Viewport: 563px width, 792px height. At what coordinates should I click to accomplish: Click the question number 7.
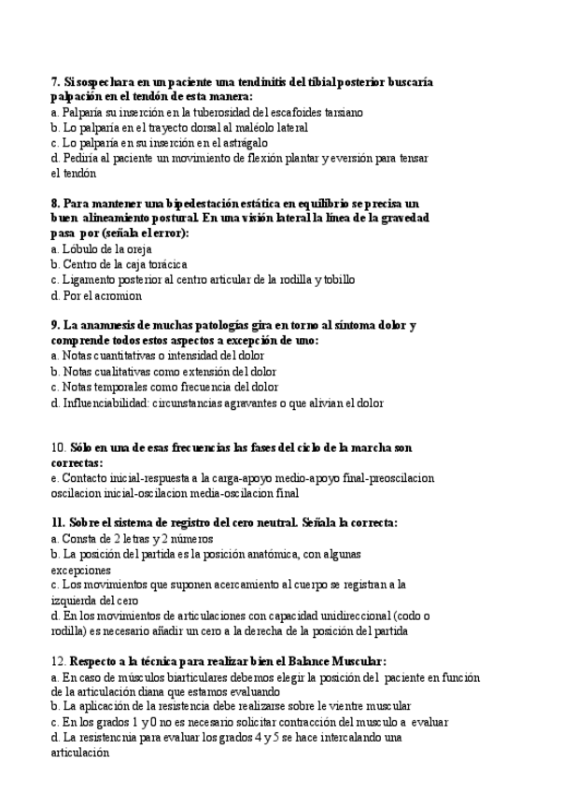coord(55,82)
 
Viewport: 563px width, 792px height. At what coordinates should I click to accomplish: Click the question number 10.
coord(59,447)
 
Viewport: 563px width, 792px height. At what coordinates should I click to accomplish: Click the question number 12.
coord(59,661)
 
